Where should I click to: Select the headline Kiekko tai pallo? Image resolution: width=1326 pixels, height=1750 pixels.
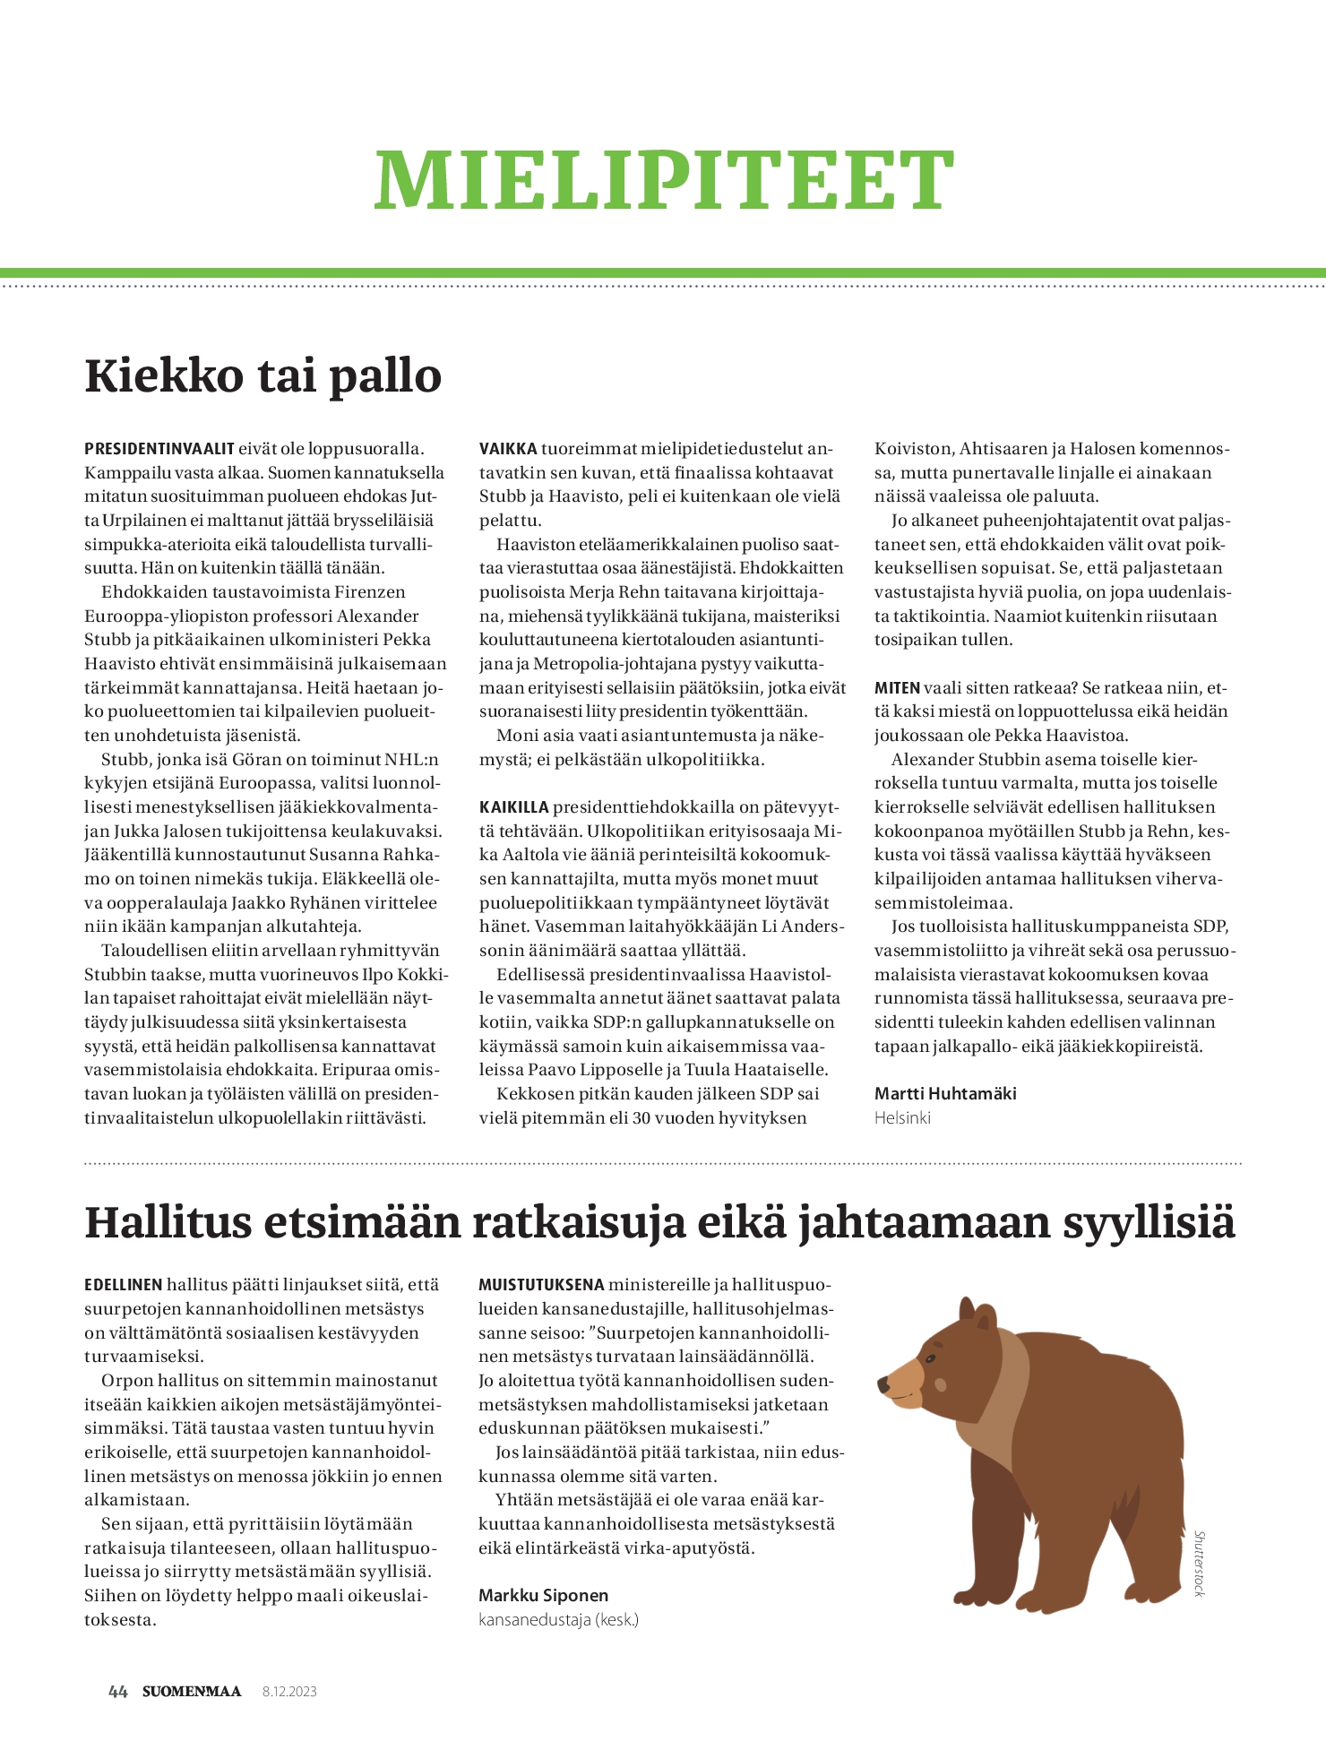[x=263, y=375]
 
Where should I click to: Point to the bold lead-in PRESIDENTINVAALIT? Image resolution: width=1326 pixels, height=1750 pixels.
[x=159, y=449]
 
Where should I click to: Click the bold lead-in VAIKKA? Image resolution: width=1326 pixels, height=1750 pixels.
[x=508, y=449]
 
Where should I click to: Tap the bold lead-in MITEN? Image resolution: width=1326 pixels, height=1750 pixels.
[x=897, y=688]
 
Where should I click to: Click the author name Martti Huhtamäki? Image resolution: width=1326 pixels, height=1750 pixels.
[x=945, y=1093]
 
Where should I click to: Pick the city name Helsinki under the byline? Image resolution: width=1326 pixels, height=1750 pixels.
[x=902, y=1117]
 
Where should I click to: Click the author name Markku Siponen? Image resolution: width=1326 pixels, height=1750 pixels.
[x=543, y=1595]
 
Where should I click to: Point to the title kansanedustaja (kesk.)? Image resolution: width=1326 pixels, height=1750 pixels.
[x=558, y=1619]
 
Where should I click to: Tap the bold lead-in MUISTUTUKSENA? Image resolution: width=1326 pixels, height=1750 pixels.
[x=541, y=1285]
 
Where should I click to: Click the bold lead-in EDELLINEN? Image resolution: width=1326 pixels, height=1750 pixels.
[x=124, y=1285]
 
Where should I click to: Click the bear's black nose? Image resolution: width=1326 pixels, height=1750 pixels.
[x=883, y=1384]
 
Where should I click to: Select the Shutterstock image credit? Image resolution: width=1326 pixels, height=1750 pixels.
[x=1200, y=1563]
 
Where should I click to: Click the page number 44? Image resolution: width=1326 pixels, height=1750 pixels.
[x=117, y=1692]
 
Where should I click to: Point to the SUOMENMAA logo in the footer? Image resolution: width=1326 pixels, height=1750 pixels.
[x=192, y=1692]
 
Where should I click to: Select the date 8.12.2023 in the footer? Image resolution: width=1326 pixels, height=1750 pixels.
[x=289, y=1692]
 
